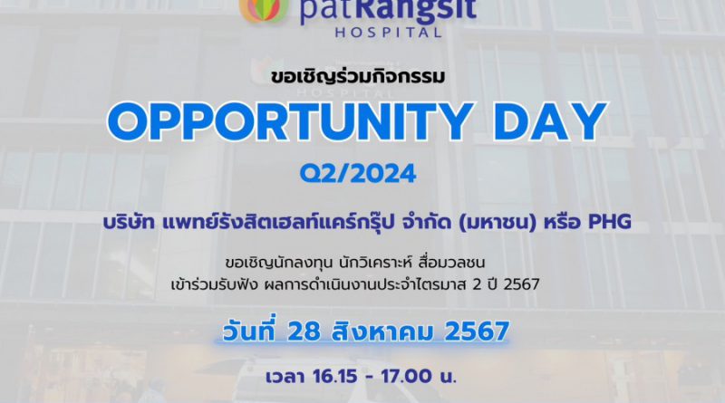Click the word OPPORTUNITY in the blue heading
(290, 122)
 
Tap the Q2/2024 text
(358, 174)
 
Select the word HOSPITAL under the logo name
(389, 33)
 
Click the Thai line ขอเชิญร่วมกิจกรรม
(358, 76)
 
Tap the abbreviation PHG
(609, 222)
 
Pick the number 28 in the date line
(304, 331)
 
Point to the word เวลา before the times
(285, 377)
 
